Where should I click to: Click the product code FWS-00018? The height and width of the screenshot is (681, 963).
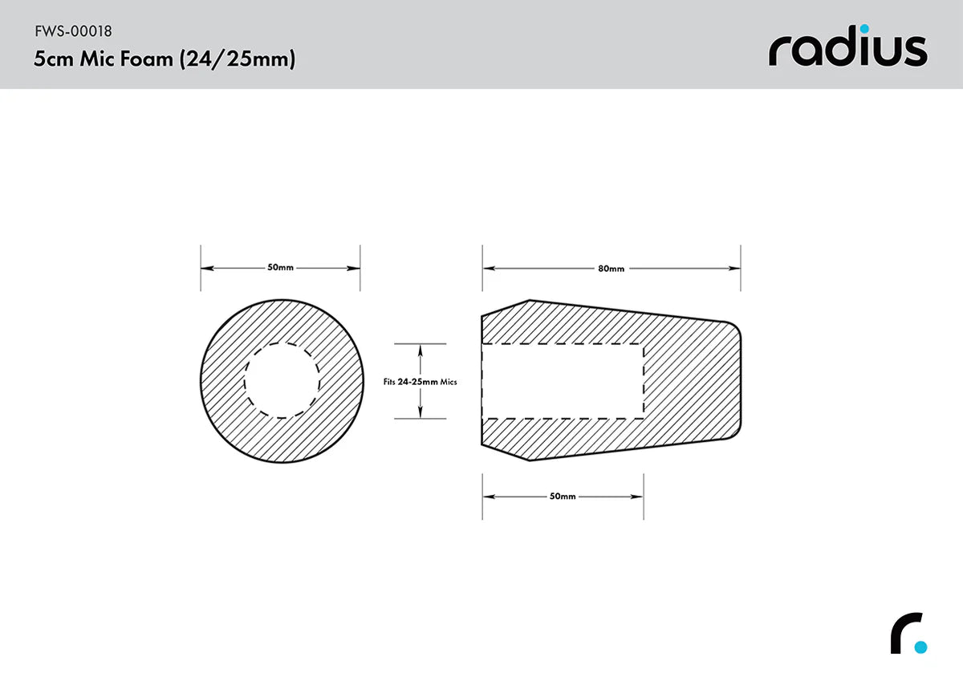(x=73, y=32)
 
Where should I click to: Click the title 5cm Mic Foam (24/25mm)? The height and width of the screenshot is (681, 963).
(x=164, y=59)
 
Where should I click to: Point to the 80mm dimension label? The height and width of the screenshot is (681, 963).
(x=611, y=268)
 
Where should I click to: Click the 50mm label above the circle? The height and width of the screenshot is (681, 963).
(x=280, y=267)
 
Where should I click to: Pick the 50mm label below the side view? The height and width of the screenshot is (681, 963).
(x=563, y=497)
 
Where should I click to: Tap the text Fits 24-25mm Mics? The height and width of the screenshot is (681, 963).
(x=420, y=382)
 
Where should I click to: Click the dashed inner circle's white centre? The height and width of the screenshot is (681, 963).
(x=282, y=380)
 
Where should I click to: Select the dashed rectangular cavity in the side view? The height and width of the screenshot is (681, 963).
(x=562, y=380)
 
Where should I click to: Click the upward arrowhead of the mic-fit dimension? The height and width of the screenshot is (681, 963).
(x=420, y=348)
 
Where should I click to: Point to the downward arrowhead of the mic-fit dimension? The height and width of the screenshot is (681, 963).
(x=420, y=414)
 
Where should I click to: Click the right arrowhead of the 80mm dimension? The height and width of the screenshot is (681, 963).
(x=735, y=268)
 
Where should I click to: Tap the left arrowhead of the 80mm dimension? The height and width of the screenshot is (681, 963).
(x=487, y=268)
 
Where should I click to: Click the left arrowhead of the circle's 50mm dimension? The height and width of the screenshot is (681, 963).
(x=205, y=268)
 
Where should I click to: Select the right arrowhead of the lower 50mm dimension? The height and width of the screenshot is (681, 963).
(x=639, y=497)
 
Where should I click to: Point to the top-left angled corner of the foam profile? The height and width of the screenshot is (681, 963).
(x=529, y=301)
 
